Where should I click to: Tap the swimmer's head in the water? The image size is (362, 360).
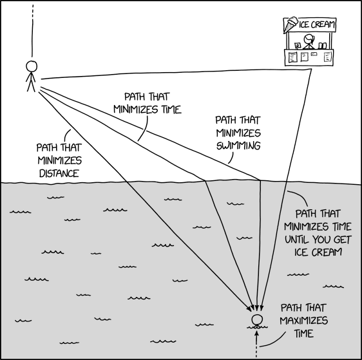[x=257, y=320]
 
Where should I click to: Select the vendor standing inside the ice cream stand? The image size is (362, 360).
[x=308, y=42]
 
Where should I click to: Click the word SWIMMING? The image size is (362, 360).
[x=238, y=146]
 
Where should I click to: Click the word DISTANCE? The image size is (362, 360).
[x=58, y=174]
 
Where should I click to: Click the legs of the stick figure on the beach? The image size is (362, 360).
[x=30, y=86]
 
